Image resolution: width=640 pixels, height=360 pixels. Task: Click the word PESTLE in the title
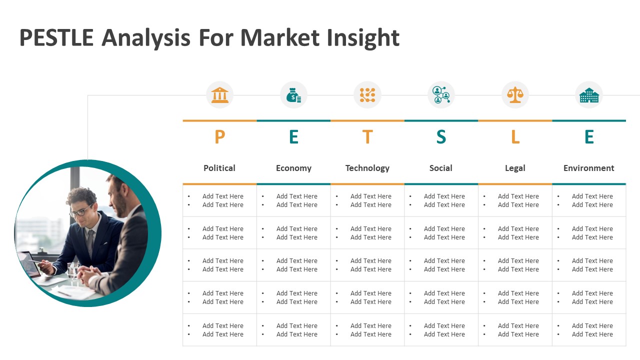point(56,37)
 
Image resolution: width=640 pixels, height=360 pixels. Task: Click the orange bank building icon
point(219,95)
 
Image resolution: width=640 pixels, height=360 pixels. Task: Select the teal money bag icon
point(293,95)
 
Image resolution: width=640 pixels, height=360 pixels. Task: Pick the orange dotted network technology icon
point(367,95)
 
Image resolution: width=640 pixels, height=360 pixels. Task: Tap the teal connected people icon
point(441,95)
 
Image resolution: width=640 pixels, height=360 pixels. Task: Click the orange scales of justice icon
point(515,95)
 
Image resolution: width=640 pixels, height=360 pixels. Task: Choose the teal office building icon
point(589,95)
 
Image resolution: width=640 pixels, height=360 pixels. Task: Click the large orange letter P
point(219,136)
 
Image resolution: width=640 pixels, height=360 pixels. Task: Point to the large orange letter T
point(367,136)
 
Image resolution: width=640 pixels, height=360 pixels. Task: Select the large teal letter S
point(441,136)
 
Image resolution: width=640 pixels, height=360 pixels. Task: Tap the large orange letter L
point(515,136)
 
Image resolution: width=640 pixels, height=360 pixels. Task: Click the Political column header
point(219,168)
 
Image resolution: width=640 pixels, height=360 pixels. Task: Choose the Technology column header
point(367,168)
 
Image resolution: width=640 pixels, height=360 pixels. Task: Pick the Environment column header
point(589,168)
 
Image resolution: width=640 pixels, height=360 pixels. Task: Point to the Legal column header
point(515,168)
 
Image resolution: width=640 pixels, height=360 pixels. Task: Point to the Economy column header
point(293,168)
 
